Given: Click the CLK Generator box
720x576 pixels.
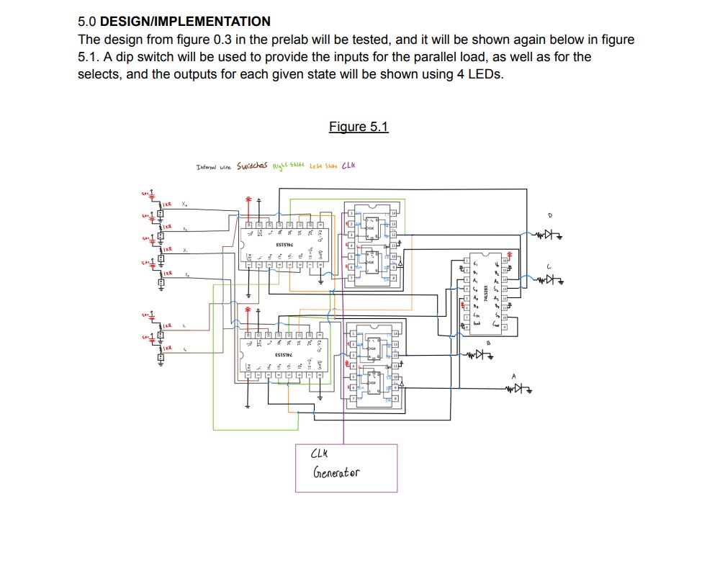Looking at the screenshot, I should pos(346,468).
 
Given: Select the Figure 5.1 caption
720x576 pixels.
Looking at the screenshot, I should pos(359,127).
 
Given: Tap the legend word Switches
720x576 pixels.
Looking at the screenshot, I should pos(251,166).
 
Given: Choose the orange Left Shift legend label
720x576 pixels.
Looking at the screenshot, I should pos(323,166).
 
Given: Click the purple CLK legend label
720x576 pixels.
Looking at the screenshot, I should pos(348,166).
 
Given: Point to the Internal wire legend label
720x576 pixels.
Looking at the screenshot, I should pos(213,167).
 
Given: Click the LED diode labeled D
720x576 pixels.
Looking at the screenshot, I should pos(550,234).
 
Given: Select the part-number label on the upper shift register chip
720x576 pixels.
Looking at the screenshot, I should pos(284,243).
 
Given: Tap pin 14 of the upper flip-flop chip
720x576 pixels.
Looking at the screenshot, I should pos(394,214).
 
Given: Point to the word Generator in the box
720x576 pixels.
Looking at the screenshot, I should pos(336,474).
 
